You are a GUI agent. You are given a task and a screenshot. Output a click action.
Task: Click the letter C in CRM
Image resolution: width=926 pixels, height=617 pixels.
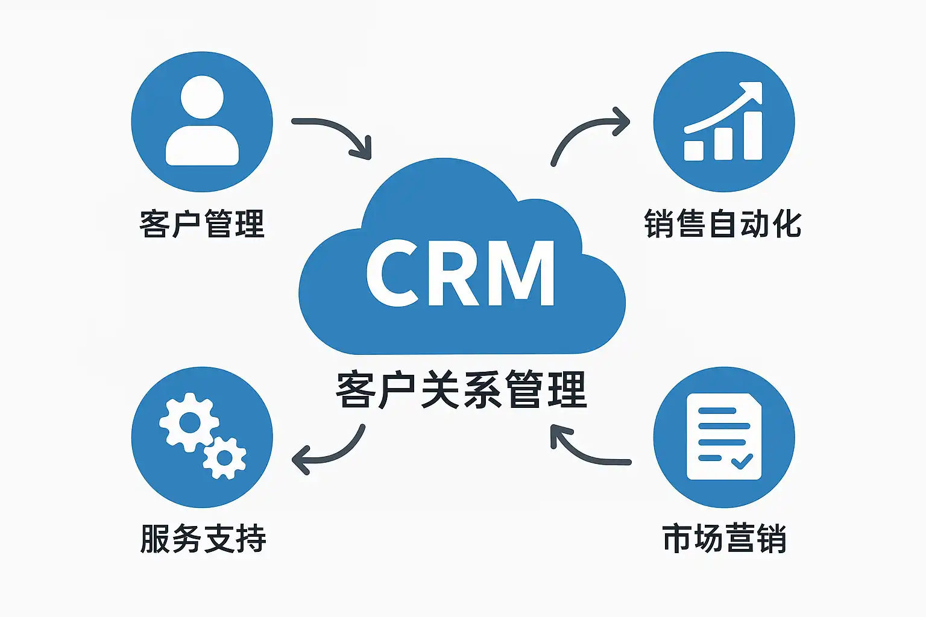[392, 274]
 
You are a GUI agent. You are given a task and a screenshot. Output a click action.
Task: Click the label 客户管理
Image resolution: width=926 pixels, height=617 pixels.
[202, 224]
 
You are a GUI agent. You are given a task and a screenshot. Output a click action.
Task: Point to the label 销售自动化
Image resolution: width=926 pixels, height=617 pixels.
[723, 224]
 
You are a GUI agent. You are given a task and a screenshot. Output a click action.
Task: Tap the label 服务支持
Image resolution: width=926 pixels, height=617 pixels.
[203, 539]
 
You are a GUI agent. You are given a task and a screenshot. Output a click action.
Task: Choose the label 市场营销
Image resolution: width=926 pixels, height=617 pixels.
[724, 539]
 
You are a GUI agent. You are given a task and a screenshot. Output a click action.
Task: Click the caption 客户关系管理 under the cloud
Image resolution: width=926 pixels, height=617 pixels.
[461, 390]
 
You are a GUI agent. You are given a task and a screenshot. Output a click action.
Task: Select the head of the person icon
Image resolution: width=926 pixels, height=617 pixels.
[202, 97]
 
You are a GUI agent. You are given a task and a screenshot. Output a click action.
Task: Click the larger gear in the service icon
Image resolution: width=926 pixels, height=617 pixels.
[189, 422]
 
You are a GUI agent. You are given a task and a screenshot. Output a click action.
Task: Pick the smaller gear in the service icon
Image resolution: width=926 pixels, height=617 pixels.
[224, 458]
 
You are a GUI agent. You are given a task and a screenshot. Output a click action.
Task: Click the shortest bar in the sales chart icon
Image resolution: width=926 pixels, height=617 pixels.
[693, 150]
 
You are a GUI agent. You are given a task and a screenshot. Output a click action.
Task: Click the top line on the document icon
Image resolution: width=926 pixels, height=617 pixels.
[717, 411]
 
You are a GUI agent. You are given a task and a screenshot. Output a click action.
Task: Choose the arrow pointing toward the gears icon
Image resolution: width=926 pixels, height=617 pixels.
[329, 453]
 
